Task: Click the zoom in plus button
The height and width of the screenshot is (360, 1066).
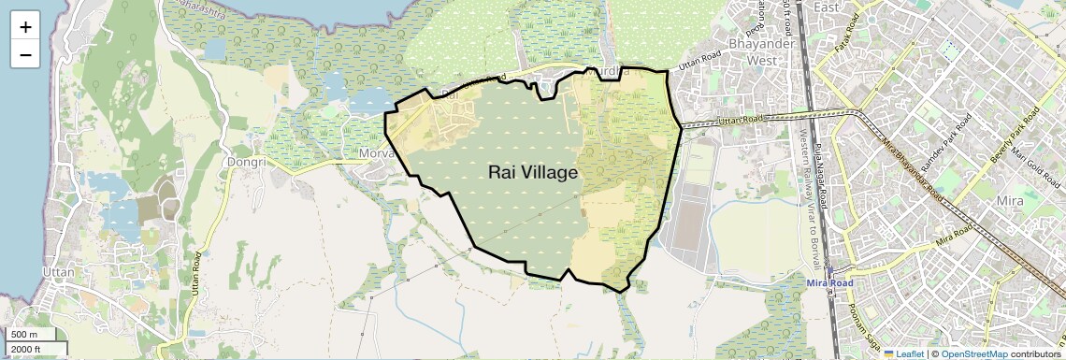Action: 25,26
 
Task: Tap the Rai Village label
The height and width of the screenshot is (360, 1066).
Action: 533,173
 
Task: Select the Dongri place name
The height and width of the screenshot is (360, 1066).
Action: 247,162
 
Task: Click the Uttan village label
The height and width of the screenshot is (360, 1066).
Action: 58,272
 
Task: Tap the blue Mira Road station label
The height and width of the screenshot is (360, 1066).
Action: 829,282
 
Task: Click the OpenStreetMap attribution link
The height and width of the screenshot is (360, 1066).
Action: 974,353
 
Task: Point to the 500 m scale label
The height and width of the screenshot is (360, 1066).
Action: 24,335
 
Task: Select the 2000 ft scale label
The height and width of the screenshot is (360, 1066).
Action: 27,349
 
